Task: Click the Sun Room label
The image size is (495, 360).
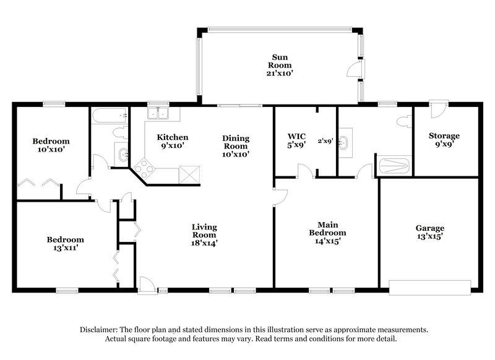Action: click(278, 64)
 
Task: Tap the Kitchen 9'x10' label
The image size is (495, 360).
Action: click(172, 141)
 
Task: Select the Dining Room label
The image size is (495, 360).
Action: click(236, 146)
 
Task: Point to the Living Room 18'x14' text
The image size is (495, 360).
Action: click(204, 235)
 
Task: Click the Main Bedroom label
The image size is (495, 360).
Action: click(327, 233)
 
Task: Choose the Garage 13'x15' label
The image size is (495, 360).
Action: click(429, 232)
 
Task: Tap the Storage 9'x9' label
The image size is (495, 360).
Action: click(444, 140)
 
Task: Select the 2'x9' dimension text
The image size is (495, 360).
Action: click(325, 140)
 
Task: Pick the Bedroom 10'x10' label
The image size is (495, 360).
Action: click(51, 145)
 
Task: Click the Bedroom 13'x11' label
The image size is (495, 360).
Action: click(65, 243)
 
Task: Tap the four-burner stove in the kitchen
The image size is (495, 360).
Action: click(146, 167)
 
